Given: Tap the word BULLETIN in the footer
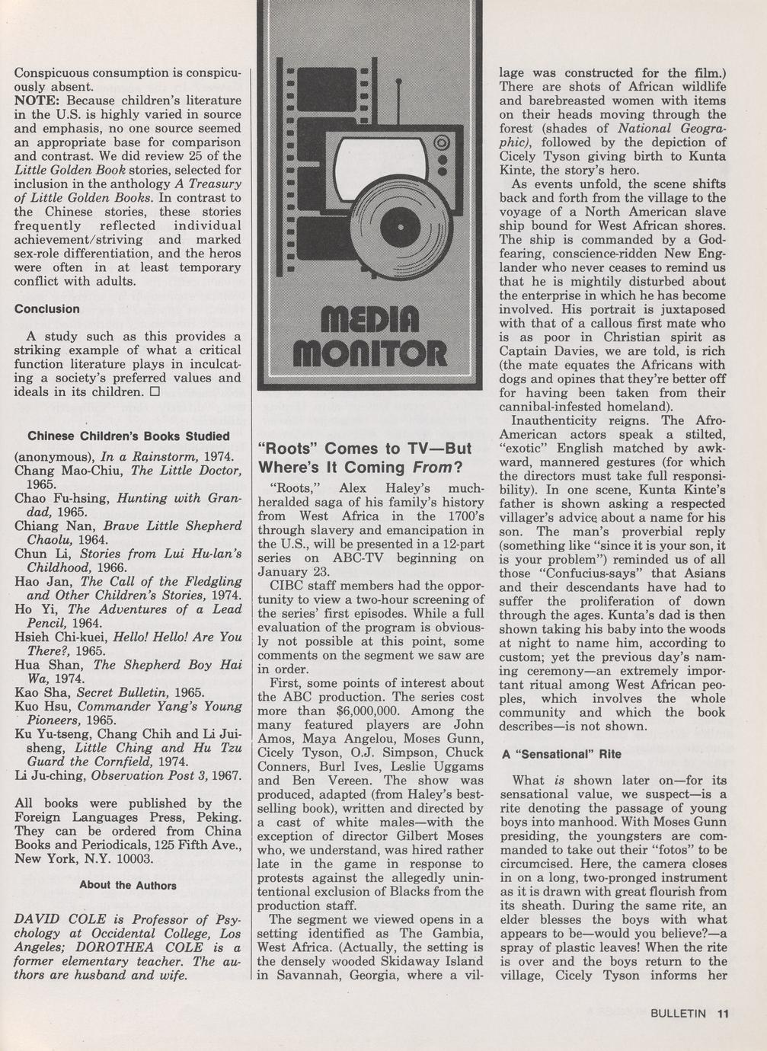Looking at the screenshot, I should coord(679,1013).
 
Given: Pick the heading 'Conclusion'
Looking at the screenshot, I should coord(46,308).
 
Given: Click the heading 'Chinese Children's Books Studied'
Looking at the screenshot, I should coord(128,436).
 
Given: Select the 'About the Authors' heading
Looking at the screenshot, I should coord(128,885).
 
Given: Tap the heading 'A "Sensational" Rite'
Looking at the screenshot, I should coord(561,753).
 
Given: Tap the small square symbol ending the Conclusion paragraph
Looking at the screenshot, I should coord(154,392).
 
